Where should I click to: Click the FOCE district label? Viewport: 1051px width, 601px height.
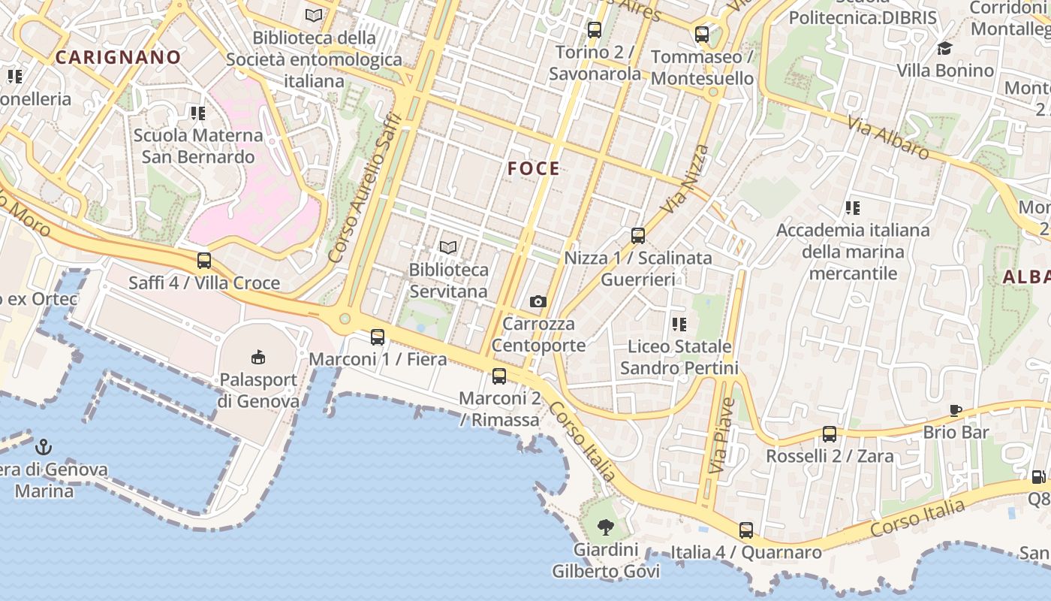click(534, 168)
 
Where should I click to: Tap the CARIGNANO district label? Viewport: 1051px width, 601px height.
click(119, 57)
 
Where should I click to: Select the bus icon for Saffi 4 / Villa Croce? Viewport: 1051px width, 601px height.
click(204, 261)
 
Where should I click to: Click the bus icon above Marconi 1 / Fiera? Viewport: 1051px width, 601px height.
click(378, 337)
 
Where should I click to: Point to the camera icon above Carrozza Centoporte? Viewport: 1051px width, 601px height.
click(538, 301)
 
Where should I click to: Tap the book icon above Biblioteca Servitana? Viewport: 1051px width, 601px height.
click(448, 247)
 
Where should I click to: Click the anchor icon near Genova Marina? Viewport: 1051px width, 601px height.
click(44, 448)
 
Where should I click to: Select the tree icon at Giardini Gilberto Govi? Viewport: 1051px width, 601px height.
click(605, 527)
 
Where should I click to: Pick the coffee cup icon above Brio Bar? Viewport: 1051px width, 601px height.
click(956, 410)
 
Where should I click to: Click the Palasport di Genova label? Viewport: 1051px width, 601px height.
click(258, 390)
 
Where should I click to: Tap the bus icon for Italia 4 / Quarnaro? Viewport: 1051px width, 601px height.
click(745, 530)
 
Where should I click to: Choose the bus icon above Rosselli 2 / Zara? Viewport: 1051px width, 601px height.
click(830, 434)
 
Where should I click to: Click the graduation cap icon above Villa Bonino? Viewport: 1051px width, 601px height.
click(944, 49)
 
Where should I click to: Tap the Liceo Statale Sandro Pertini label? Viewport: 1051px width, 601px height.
click(679, 357)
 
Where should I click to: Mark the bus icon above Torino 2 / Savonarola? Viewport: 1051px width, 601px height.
click(595, 31)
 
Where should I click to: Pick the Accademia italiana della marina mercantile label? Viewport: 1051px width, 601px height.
click(853, 251)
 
